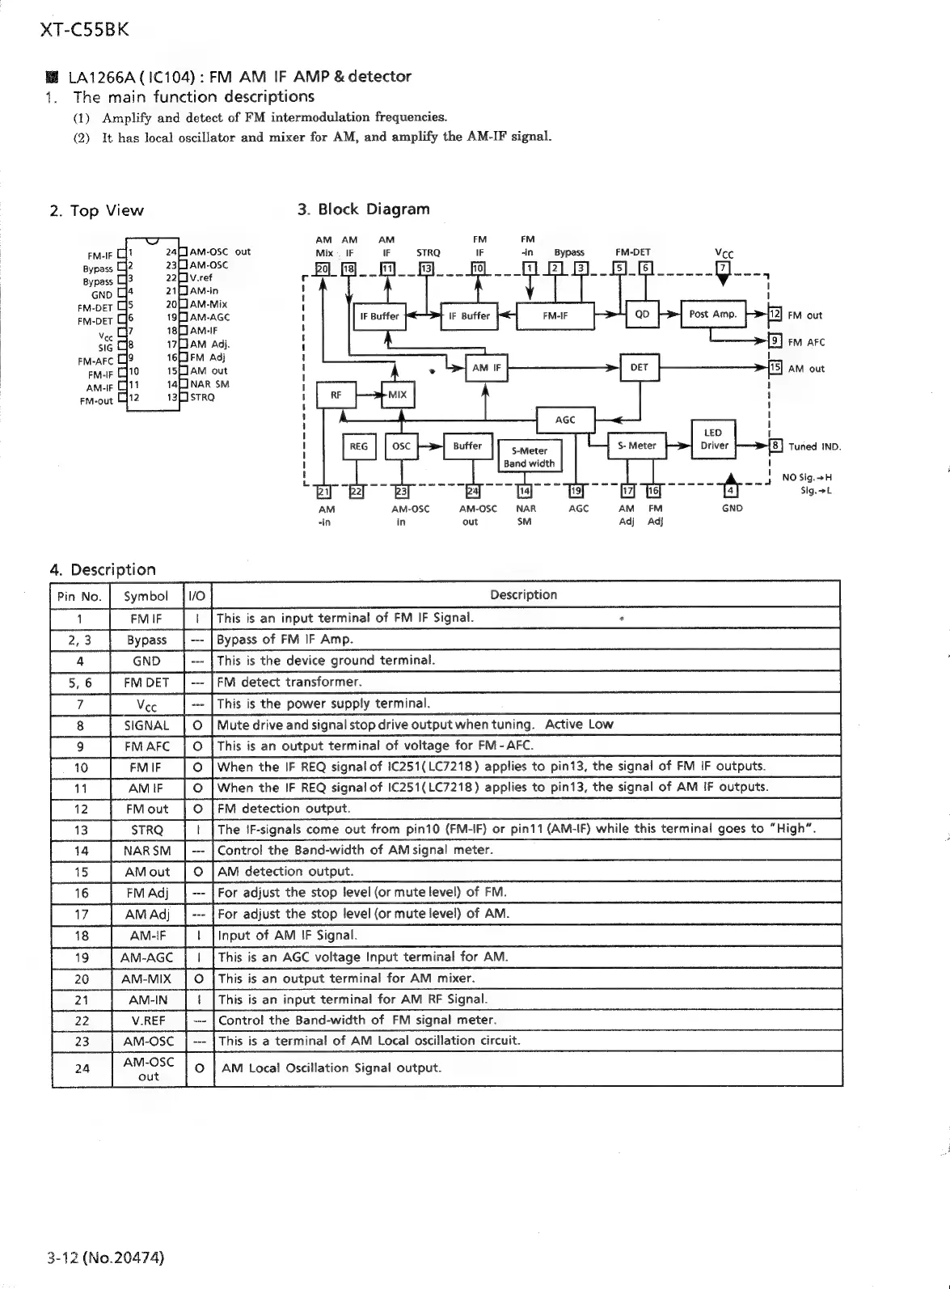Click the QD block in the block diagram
(x=642, y=315)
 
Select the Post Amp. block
(x=712, y=315)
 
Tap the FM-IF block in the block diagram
(x=555, y=315)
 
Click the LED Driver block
(x=713, y=439)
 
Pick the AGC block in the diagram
(x=565, y=420)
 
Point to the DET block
(x=640, y=367)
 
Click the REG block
(x=358, y=446)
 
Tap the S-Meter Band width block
(x=529, y=457)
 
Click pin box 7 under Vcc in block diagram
(x=724, y=268)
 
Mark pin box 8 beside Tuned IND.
(x=775, y=446)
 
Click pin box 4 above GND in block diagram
(x=731, y=490)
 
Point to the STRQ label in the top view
(x=202, y=397)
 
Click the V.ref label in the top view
(x=201, y=277)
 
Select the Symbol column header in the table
(x=146, y=596)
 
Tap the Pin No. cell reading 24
(x=82, y=1067)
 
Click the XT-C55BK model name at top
(x=83, y=31)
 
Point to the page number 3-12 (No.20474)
(x=106, y=1257)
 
